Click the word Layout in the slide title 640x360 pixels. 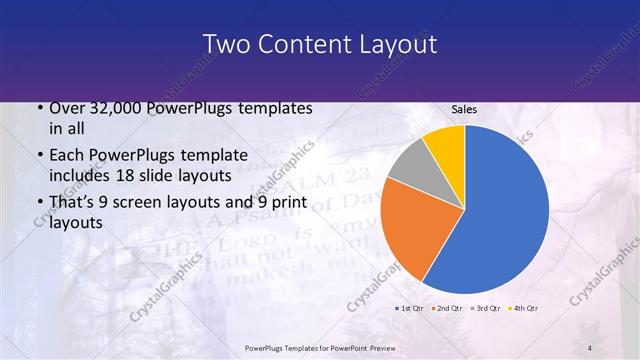[x=392, y=44]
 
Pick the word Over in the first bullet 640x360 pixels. [x=66, y=108]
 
